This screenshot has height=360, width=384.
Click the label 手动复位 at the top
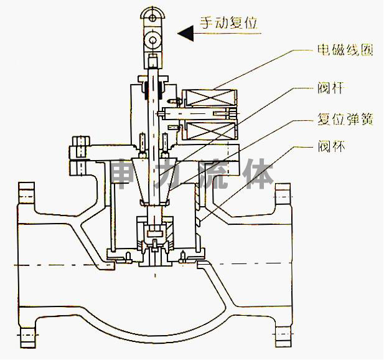(229, 23)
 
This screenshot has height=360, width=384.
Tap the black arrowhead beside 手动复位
(185, 33)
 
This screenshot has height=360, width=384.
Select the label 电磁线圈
(345, 50)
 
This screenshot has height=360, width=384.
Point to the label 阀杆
(331, 88)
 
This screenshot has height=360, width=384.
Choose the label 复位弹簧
(345, 120)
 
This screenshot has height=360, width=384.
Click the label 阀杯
(331, 146)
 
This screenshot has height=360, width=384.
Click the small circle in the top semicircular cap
(152, 17)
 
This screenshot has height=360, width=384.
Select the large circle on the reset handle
(152, 39)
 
